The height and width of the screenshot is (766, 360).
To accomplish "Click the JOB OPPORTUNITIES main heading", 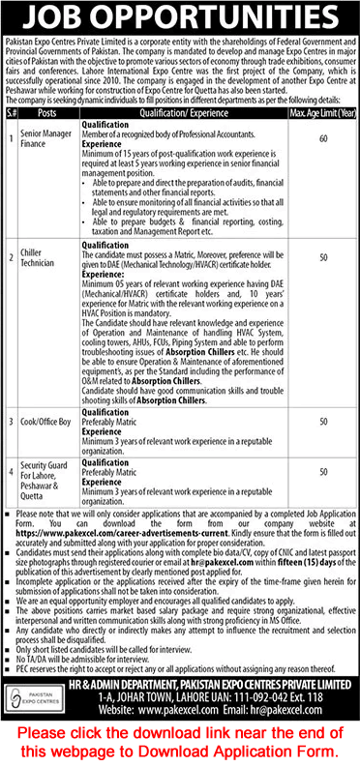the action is tap(179, 17).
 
